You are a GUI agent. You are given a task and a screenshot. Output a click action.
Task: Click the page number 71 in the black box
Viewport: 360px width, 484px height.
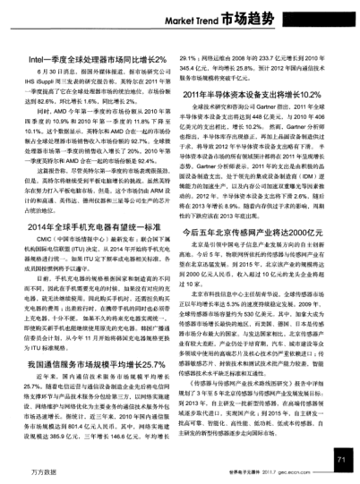(339, 459)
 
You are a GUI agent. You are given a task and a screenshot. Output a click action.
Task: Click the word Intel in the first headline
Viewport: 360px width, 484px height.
(39, 58)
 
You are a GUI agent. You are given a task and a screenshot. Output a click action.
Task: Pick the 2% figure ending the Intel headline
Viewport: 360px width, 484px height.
(162, 58)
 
